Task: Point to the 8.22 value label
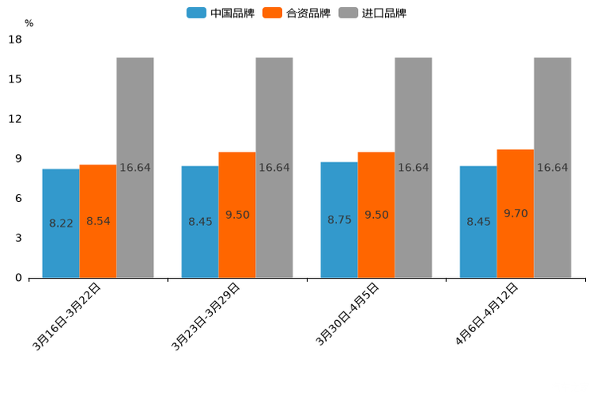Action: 61,224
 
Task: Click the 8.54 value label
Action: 98,221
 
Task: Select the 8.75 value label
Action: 339,220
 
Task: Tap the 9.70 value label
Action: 515,213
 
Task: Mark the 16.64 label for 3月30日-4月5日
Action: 413,168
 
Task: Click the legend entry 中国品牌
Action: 221,13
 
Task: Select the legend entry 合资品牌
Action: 296,13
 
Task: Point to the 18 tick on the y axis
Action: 15,40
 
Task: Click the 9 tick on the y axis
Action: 18,159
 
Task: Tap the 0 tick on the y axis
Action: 18,278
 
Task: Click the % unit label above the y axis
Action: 29,23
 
